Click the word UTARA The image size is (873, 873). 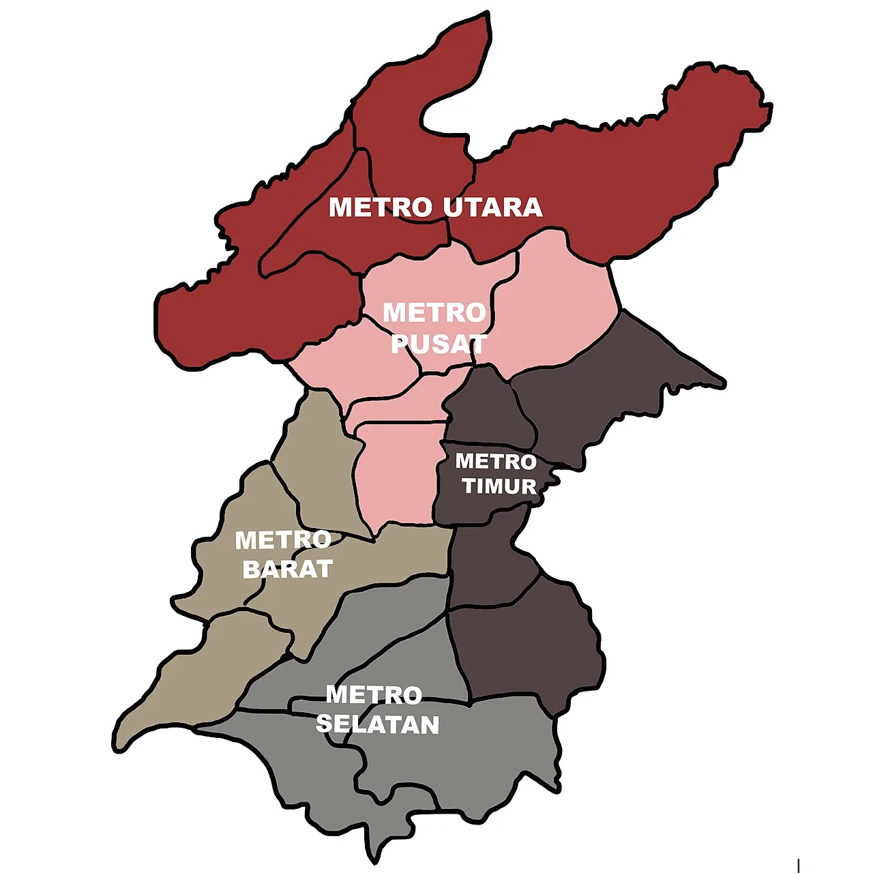[493, 207]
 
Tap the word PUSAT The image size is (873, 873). [439, 344]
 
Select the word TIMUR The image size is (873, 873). [499, 486]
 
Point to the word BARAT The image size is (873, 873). [287, 569]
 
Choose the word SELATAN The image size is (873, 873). [377, 724]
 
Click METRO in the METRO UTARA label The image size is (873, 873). [381, 207]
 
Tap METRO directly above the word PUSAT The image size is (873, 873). [434, 313]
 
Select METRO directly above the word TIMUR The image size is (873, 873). [496, 462]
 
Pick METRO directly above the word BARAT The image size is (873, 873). [283, 540]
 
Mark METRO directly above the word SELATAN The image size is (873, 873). [374, 695]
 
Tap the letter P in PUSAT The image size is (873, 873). [398, 344]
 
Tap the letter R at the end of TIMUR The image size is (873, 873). [528, 486]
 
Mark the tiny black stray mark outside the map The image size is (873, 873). [798, 865]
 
